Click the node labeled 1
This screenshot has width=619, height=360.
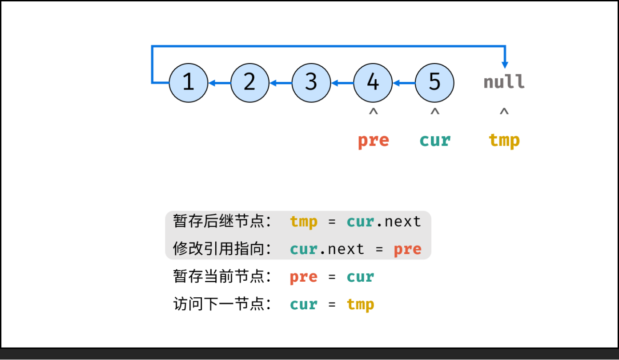tap(189, 83)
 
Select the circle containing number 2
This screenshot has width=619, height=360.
tap(250, 83)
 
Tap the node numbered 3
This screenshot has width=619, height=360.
tap(311, 83)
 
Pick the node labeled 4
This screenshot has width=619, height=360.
tap(373, 83)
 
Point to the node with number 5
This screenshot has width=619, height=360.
tap(434, 83)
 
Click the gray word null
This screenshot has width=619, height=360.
tap(504, 82)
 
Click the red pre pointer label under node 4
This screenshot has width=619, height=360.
tap(373, 141)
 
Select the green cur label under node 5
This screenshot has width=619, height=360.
tap(435, 141)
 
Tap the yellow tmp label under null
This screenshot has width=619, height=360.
tap(504, 141)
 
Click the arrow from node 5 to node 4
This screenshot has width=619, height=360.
tap(404, 83)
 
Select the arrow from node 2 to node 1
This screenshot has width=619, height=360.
tap(219, 83)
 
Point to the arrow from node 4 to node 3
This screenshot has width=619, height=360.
tap(342, 83)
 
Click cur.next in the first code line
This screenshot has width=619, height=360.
tap(384, 221)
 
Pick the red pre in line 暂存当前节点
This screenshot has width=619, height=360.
tap(303, 277)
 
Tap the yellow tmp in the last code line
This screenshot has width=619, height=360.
tap(360, 305)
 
